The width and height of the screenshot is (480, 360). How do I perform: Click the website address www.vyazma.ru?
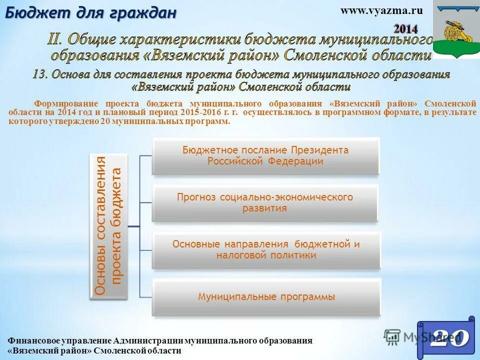click(x=381, y=10)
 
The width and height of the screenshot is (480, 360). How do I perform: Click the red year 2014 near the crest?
click(x=405, y=28)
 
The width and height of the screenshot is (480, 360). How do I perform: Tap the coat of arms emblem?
click(x=455, y=29)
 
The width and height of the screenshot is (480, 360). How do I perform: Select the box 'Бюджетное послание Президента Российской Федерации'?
click(x=265, y=156)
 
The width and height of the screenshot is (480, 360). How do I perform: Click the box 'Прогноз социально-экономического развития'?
click(x=265, y=203)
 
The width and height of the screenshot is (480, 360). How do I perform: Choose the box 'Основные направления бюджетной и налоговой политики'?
click(x=266, y=250)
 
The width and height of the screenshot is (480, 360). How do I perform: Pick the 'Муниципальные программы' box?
click(x=266, y=297)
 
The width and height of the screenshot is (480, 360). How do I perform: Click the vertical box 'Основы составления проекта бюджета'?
click(x=108, y=226)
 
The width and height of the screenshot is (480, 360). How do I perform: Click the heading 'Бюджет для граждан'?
click(x=90, y=13)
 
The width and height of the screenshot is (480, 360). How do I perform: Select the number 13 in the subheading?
click(x=40, y=74)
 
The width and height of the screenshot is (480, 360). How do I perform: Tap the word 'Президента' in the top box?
click(x=325, y=150)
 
